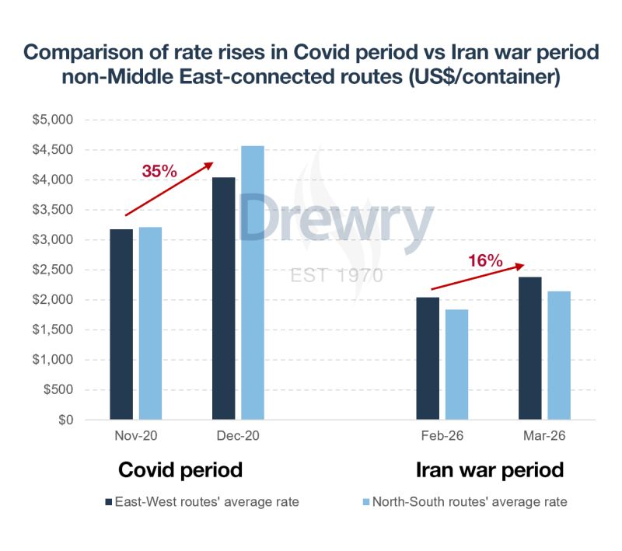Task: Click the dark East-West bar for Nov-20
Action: click(121, 325)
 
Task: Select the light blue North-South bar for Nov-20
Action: click(151, 324)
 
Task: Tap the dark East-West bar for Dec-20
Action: click(223, 299)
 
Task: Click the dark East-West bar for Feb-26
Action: click(428, 359)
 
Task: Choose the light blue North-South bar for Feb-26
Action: click(457, 365)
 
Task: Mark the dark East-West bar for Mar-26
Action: click(530, 349)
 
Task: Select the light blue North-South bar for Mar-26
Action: click(559, 356)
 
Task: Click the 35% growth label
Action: click(159, 172)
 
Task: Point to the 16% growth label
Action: click(486, 260)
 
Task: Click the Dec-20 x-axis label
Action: click(238, 437)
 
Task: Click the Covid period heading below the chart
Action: click(180, 470)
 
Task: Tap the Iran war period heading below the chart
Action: click(490, 470)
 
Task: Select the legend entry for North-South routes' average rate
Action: click(463, 502)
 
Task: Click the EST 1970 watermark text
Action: click(336, 275)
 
